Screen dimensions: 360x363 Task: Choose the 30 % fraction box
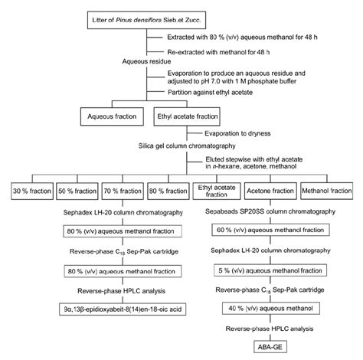32,188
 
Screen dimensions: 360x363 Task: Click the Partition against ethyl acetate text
217,97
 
